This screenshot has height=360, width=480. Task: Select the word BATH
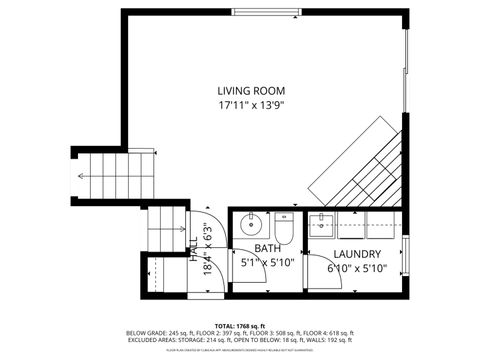[x=267, y=249]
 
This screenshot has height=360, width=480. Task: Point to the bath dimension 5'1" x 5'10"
[x=267, y=263]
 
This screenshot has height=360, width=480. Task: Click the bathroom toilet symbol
[x=283, y=230]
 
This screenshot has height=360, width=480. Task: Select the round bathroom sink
[x=251, y=223]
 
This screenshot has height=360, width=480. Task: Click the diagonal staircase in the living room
[x=354, y=160]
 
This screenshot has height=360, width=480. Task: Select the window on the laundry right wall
[x=406, y=250]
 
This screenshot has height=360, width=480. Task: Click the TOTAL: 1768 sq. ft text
[x=240, y=325]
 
